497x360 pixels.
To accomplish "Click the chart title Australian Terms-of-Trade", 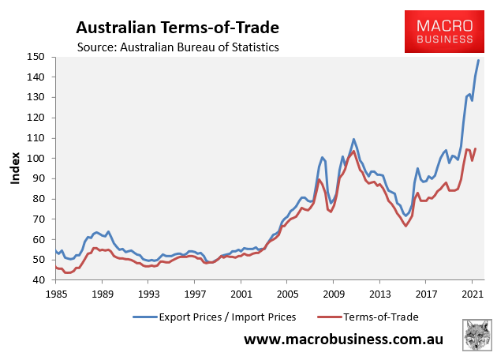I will [x=177, y=28].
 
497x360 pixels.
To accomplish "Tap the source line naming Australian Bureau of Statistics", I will [x=177, y=47].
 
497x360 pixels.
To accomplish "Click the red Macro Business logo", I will [x=444, y=32].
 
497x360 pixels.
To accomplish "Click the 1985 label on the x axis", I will [x=54, y=293].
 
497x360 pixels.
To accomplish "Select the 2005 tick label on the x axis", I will [x=287, y=293].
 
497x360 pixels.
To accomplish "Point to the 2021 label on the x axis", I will [x=473, y=293].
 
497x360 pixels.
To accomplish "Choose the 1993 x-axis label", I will [x=148, y=293].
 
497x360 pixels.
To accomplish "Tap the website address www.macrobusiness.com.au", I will [x=342, y=339].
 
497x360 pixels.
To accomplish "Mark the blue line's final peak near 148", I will [x=478, y=61].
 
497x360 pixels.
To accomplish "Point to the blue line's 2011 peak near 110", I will [x=354, y=139].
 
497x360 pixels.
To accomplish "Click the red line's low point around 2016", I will [x=405, y=226].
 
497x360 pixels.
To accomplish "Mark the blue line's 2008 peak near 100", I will [x=322, y=157].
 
